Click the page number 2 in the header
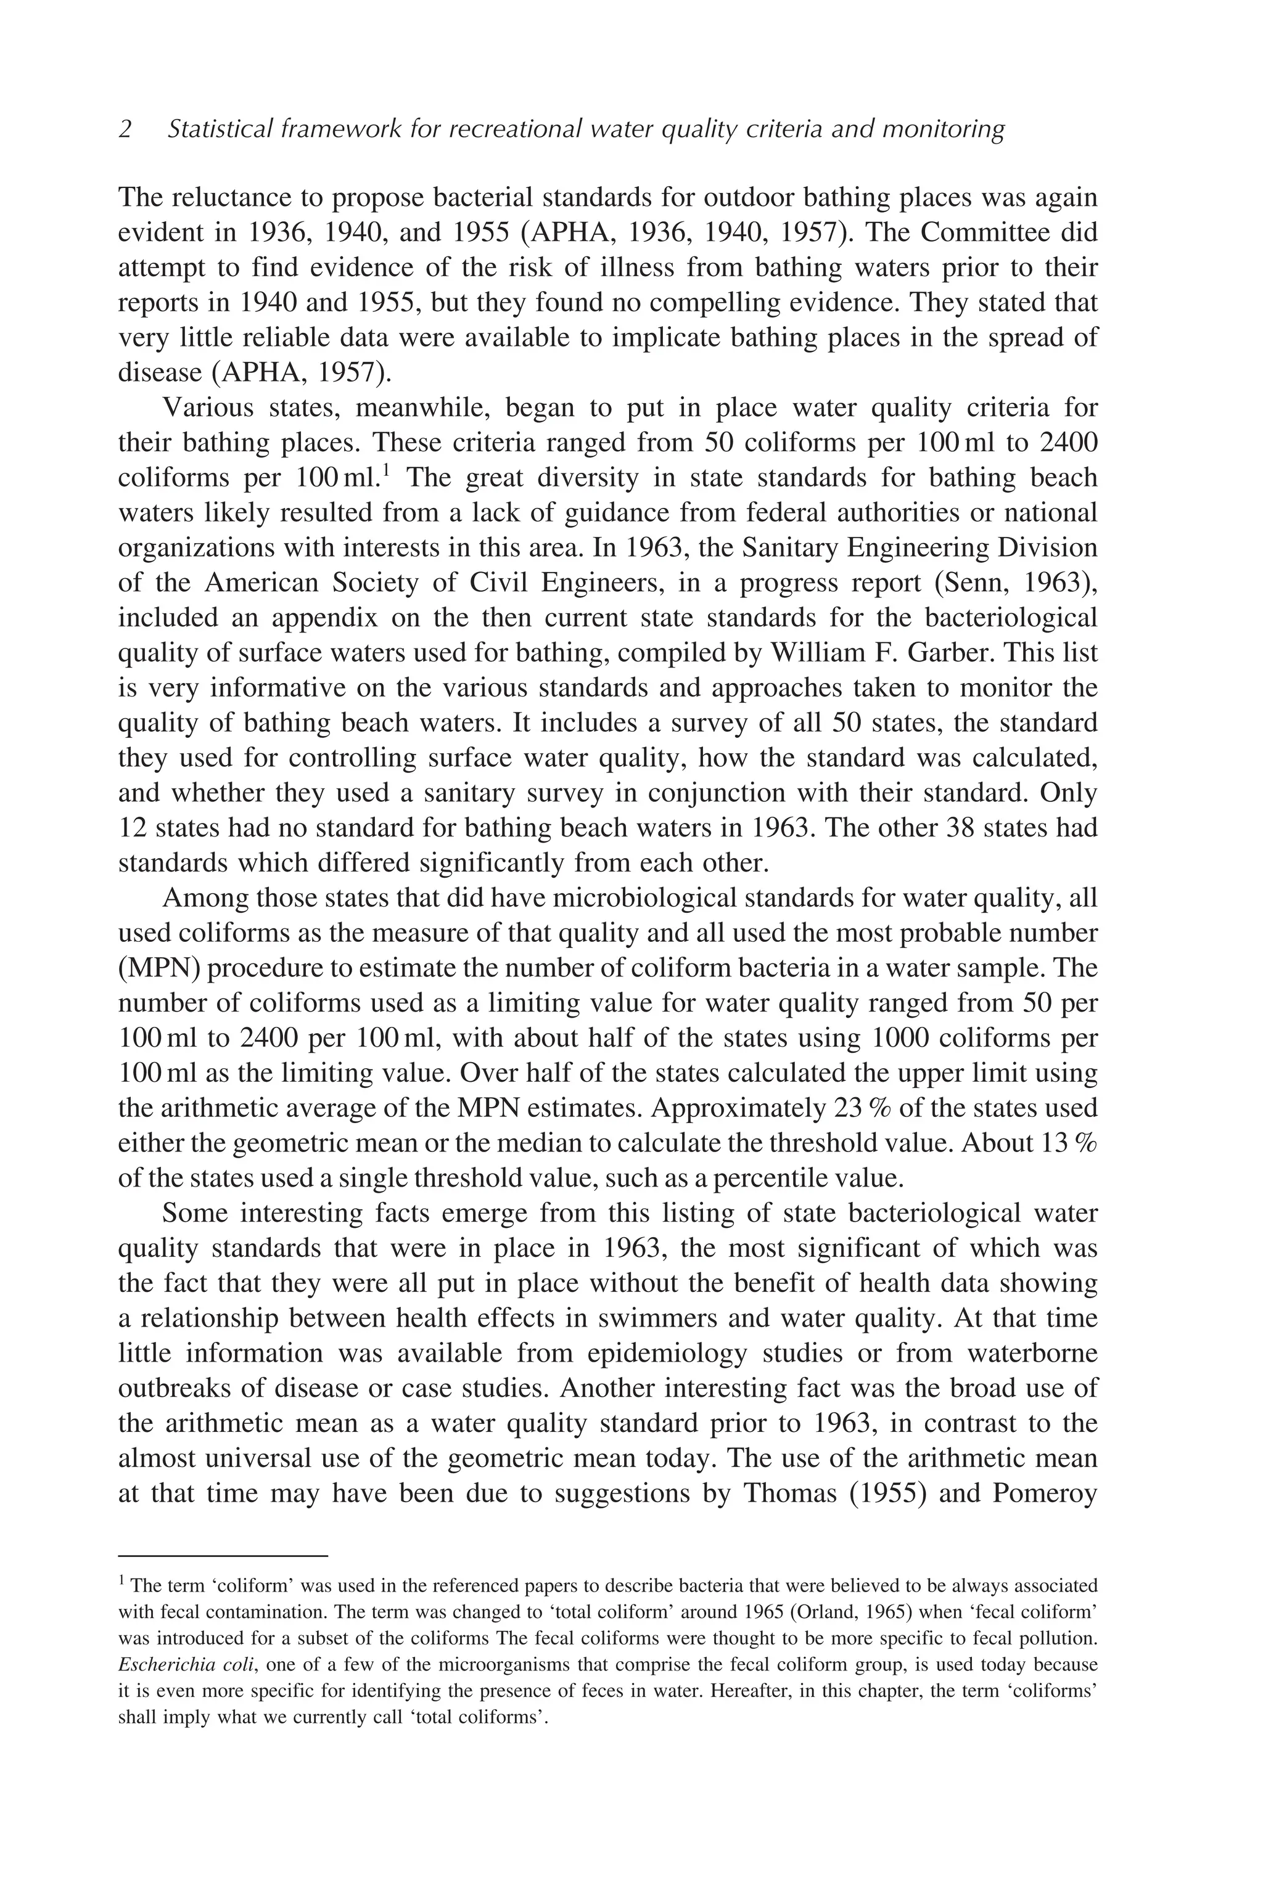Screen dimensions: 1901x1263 [125, 129]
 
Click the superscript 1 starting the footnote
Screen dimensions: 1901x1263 [121, 1580]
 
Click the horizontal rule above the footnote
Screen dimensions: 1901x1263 [223, 1556]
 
